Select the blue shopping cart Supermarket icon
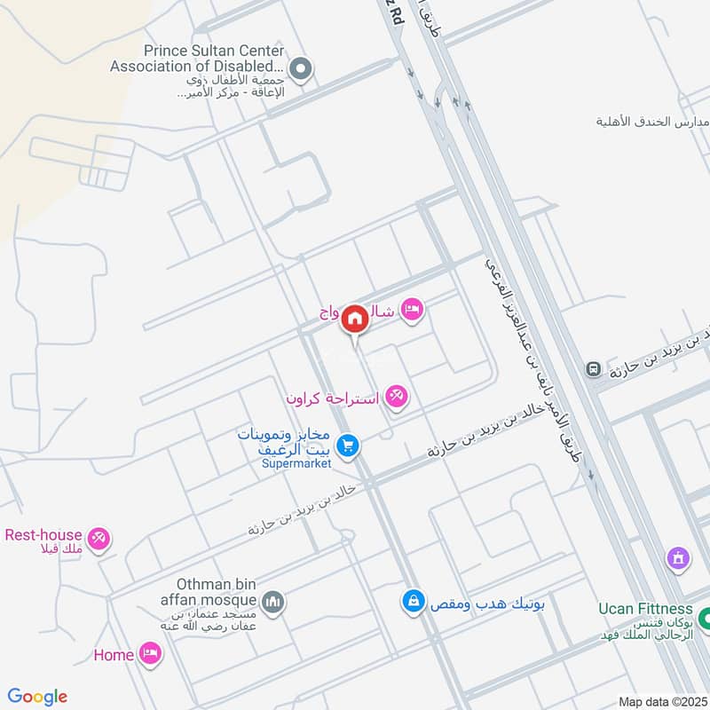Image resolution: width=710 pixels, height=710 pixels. click(x=348, y=446)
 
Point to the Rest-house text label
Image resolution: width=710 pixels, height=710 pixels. click(x=43, y=535)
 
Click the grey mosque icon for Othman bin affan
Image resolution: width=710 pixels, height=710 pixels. click(x=274, y=602)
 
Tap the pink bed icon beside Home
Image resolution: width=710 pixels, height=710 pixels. click(x=151, y=655)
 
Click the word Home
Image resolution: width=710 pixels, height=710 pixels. click(x=114, y=655)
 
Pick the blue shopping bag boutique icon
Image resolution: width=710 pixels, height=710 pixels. click(x=412, y=602)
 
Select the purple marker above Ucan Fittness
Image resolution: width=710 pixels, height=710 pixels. click(x=678, y=559)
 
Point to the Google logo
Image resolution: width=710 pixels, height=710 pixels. click(x=37, y=697)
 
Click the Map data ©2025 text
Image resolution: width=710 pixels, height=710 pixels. click(x=660, y=701)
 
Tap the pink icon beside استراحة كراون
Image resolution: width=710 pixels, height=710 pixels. click(x=397, y=398)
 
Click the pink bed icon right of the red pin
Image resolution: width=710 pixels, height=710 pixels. click(x=412, y=309)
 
